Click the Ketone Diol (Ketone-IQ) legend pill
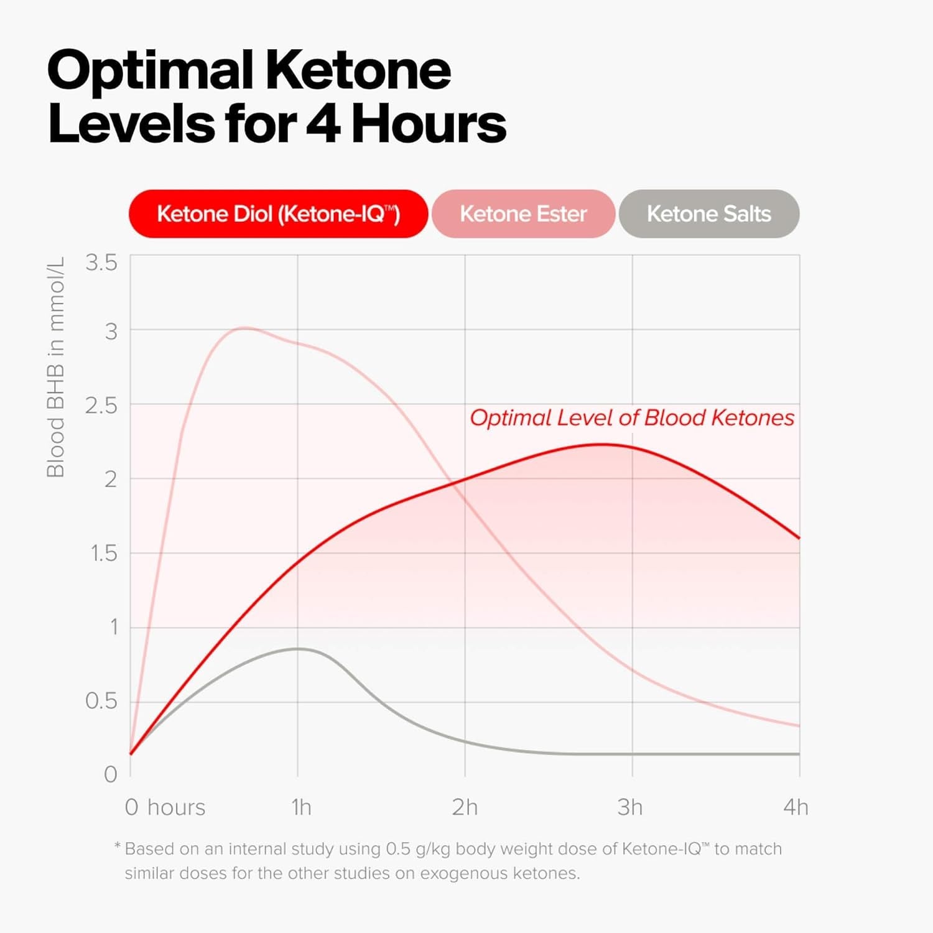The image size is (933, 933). pyautogui.click(x=278, y=214)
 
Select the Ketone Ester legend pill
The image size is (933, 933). pyautogui.click(x=523, y=214)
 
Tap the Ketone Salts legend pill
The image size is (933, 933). pyautogui.click(x=708, y=214)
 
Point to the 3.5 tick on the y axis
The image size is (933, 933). pyautogui.click(x=101, y=262)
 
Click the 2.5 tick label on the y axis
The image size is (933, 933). pyautogui.click(x=101, y=406)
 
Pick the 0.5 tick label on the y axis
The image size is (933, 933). pyautogui.click(x=101, y=701)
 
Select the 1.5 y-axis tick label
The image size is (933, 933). pyautogui.click(x=104, y=553)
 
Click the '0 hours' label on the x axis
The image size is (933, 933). pyautogui.click(x=165, y=807)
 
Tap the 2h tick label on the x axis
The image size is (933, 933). pyautogui.click(x=465, y=807)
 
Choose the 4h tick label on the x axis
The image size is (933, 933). pyautogui.click(x=796, y=807)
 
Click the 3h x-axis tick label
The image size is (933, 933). pyautogui.click(x=629, y=807)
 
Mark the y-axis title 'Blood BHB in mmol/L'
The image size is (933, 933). pyautogui.click(x=55, y=367)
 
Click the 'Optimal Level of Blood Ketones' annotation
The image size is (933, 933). pyautogui.click(x=632, y=417)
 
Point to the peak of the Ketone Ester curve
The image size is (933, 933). pyautogui.click(x=244, y=328)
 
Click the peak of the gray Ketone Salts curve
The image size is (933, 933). pyautogui.click(x=298, y=649)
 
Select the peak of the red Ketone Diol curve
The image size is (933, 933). pyautogui.click(x=601, y=444)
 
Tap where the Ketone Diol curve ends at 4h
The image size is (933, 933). pyautogui.click(x=799, y=538)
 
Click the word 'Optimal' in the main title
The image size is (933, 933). pyautogui.click(x=150, y=70)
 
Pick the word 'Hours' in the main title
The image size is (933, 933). pyautogui.click(x=429, y=124)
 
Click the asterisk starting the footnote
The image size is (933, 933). pyautogui.click(x=117, y=847)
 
